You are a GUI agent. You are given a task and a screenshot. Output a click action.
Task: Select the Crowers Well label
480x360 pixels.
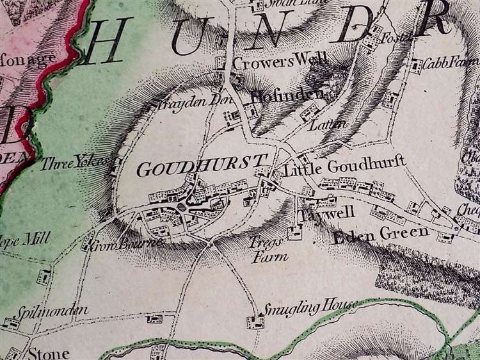pyautogui.click(x=280, y=62)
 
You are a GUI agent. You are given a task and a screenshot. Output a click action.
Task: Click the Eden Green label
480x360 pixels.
pyautogui.click(x=381, y=234)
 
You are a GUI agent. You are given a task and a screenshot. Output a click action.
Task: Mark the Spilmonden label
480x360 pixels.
pyautogui.click(x=49, y=311)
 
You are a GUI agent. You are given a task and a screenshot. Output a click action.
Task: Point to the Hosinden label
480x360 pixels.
pyautogui.click(x=287, y=96)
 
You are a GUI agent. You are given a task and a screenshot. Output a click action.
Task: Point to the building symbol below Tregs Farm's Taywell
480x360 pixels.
pyautogui.click(x=295, y=231)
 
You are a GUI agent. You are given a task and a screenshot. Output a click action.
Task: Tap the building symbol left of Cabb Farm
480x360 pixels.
pyautogui.click(x=417, y=65)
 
